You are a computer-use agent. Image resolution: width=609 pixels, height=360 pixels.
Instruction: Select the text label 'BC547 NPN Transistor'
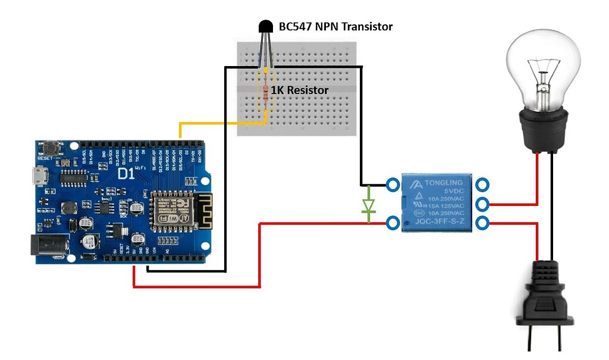(335, 27)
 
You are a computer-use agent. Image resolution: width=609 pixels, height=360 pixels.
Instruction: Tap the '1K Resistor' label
(300, 90)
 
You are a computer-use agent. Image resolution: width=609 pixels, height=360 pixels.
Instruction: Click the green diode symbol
(368, 205)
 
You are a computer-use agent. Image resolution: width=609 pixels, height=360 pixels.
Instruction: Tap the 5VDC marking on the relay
(450, 190)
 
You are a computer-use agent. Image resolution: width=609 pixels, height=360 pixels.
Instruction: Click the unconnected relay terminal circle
(482, 184)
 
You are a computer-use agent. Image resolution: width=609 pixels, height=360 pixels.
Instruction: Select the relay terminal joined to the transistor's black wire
(393, 184)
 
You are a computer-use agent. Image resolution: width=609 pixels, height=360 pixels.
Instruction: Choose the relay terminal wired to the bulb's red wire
(482, 204)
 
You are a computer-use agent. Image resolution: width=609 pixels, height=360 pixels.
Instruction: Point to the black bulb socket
(542, 128)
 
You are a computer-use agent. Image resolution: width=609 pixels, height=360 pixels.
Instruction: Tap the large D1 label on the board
(126, 174)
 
